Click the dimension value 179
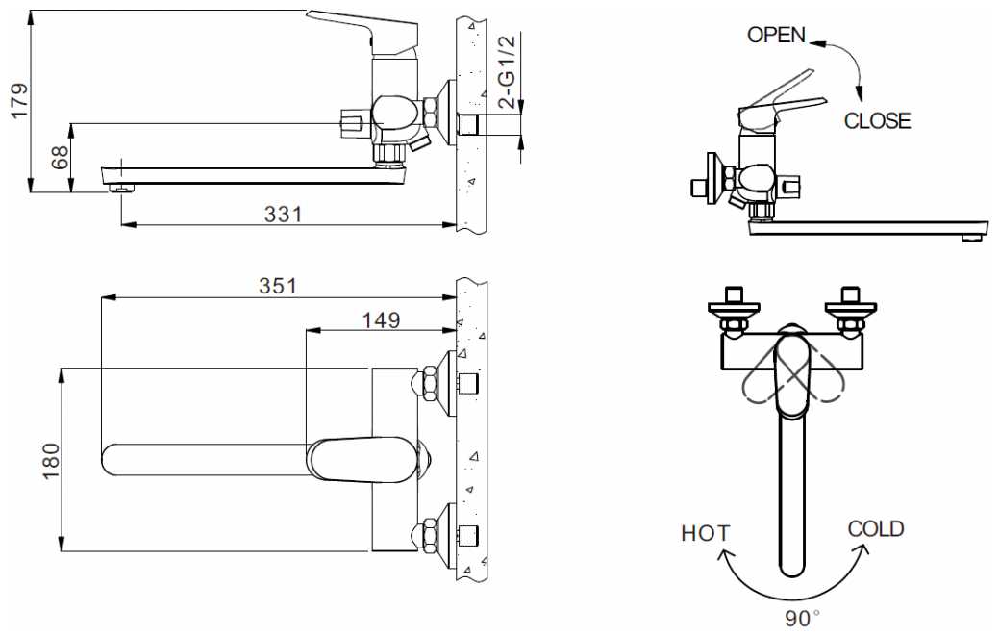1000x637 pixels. point(19,100)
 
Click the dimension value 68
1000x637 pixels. point(60,158)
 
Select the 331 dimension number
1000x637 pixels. point(283,214)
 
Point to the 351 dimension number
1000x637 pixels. point(278,286)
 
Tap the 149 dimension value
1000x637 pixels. point(382,319)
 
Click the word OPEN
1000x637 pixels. point(776,35)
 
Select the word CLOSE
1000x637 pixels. point(878,120)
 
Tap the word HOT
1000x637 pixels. point(706,533)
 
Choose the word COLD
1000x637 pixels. point(876,528)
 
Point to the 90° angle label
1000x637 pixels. point(802,618)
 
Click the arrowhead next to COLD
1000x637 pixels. point(861,551)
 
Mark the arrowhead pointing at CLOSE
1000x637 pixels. point(860,94)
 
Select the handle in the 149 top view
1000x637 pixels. point(361,458)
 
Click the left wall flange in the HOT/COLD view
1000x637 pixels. point(735,310)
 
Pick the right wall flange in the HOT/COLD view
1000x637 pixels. point(851,310)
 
